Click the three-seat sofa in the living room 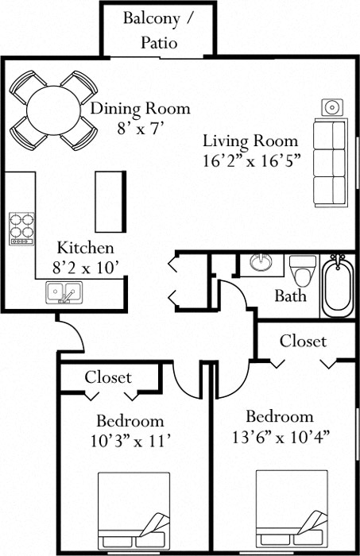(x=329, y=162)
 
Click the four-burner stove (x=21, y=228)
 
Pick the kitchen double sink (x=61, y=293)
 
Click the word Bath (x=290, y=296)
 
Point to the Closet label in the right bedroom (x=303, y=341)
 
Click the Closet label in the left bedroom (x=108, y=376)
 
